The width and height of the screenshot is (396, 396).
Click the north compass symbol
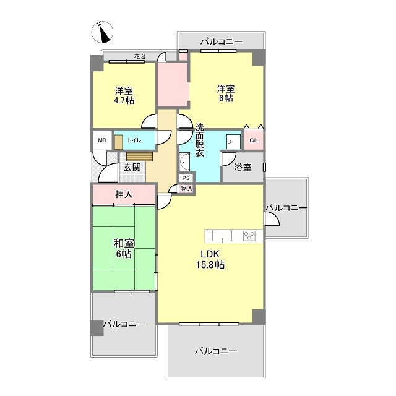(102, 32)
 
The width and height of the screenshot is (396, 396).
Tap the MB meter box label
(102, 140)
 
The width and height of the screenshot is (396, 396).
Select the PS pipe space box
(186, 178)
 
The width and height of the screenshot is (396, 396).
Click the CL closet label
(254, 140)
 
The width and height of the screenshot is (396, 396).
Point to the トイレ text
(134, 140)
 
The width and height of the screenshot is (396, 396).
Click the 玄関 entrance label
(132, 167)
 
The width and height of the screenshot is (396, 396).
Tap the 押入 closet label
(124, 194)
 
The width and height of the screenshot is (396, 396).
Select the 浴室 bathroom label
(243, 167)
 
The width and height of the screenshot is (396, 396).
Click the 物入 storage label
(187, 188)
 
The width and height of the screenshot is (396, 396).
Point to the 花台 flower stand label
(140, 56)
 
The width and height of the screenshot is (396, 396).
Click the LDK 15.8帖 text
(210, 259)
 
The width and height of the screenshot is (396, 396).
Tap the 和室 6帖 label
(124, 249)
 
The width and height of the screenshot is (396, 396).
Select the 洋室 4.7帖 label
(124, 96)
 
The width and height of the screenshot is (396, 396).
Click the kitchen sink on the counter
(222, 236)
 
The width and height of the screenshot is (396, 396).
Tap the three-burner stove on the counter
(249, 236)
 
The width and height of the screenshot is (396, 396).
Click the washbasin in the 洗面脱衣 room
(184, 161)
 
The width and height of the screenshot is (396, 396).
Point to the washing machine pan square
(234, 142)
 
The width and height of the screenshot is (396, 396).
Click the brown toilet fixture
(118, 142)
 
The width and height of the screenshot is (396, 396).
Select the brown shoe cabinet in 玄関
(139, 157)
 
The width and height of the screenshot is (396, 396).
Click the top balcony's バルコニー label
(222, 41)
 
